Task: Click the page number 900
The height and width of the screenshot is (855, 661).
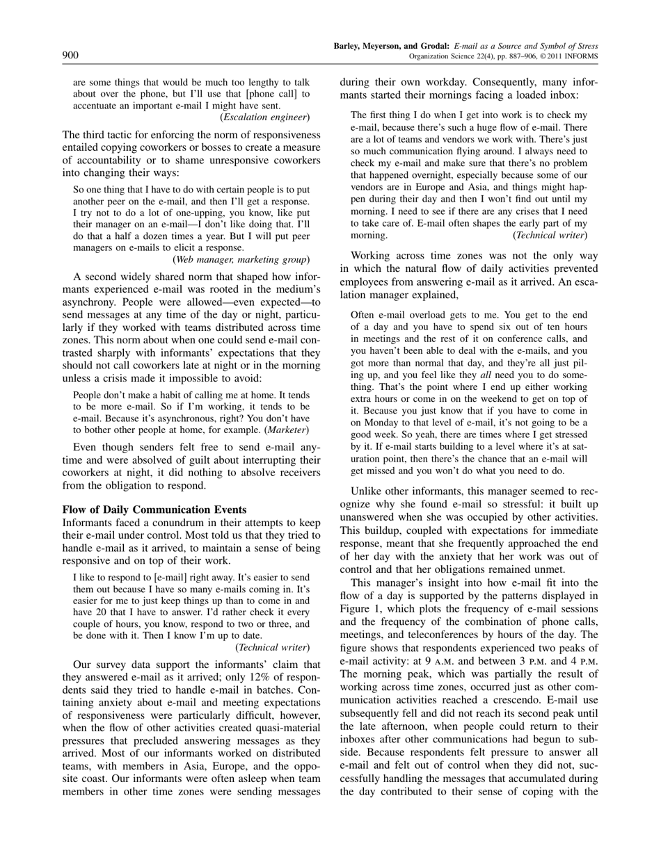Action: click(x=70, y=56)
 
